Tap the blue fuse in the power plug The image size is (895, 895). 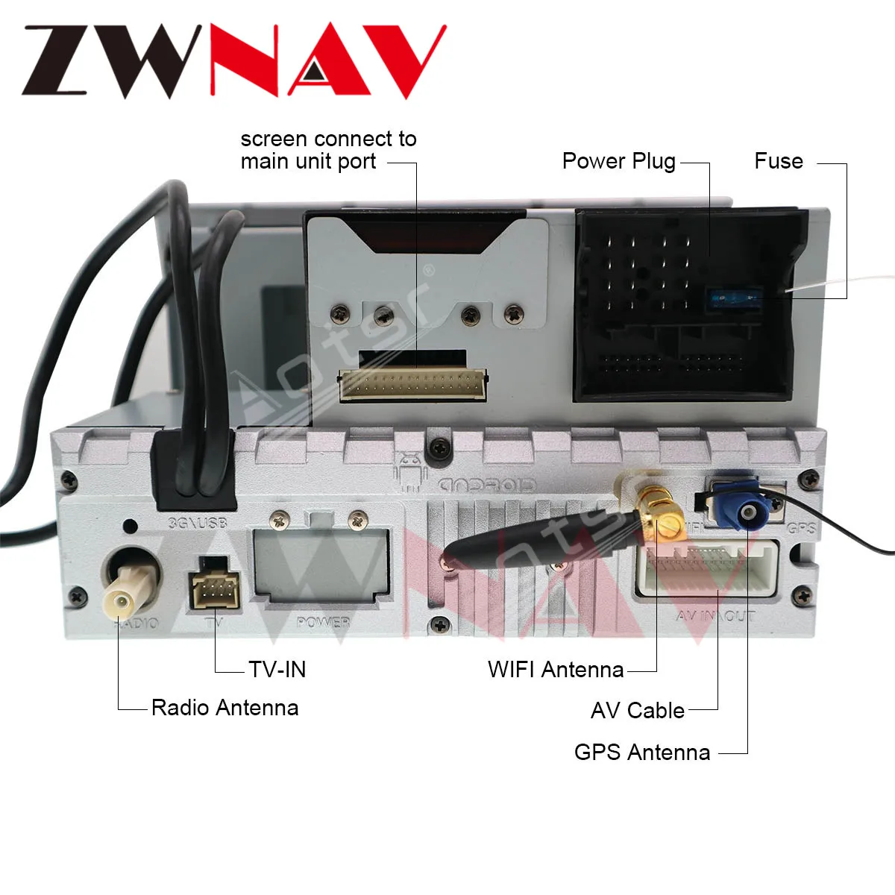734,299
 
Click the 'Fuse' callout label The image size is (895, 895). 778,161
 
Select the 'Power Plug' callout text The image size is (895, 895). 618,161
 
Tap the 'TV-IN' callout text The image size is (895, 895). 277,669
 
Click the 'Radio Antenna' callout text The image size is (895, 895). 224,707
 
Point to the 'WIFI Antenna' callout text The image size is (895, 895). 556,669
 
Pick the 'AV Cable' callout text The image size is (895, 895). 637,710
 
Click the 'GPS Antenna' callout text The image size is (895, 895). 641,752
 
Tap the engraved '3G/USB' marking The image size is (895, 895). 197,523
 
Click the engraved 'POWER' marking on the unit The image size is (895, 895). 322,622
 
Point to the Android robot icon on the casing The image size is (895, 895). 409,472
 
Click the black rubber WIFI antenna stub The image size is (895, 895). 522,539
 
